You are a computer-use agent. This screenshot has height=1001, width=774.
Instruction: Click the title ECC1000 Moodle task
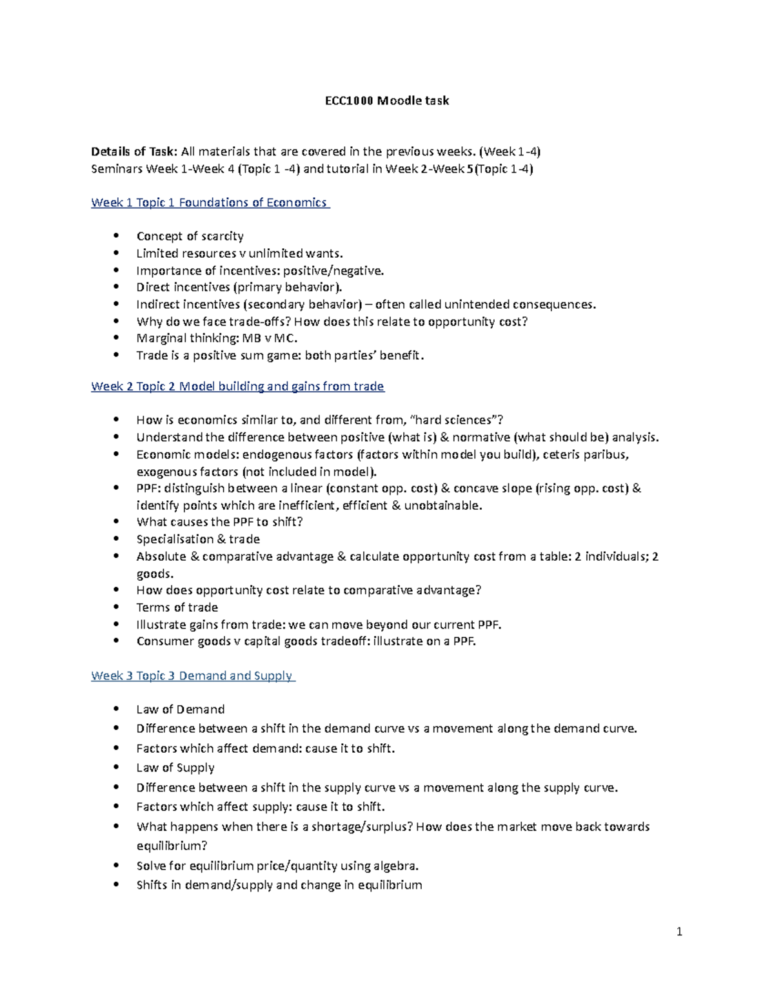(x=386, y=101)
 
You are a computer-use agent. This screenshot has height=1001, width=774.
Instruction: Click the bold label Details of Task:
(x=134, y=152)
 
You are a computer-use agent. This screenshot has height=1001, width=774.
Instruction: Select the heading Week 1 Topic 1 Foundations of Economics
(x=210, y=202)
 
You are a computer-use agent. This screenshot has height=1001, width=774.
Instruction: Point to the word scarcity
(x=222, y=236)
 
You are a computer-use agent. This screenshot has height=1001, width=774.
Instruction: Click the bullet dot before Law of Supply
(x=116, y=768)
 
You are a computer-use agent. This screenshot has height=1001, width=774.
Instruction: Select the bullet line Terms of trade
(x=177, y=607)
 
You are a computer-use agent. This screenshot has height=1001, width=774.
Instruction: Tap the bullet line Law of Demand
(x=180, y=709)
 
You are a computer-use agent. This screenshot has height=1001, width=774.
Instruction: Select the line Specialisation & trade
(x=198, y=539)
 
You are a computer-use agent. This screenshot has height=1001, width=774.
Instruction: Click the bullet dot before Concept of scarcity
(x=116, y=236)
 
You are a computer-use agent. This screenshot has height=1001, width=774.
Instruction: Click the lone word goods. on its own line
(x=155, y=574)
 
